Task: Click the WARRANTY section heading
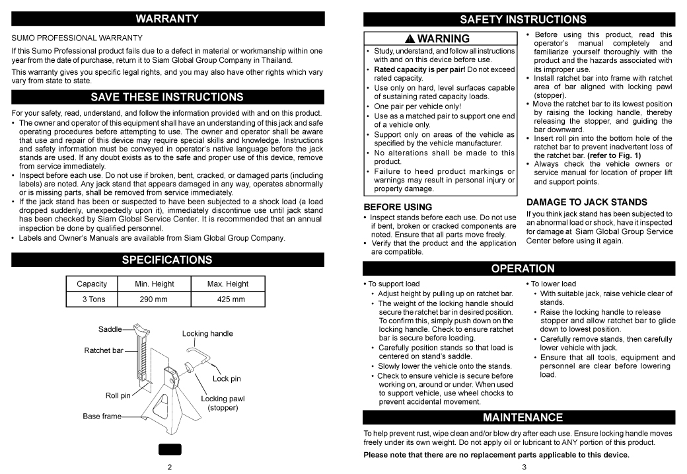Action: [x=167, y=19]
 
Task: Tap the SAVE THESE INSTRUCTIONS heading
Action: [x=167, y=97]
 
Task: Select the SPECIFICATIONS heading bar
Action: [x=167, y=260]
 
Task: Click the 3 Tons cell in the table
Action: [x=92, y=299]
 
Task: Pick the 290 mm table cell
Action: [x=154, y=299]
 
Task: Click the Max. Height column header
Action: [x=228, y=284]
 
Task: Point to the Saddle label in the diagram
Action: [x=110, y=329]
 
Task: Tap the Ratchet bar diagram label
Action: [x=103, y=350]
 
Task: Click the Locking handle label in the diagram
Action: [x=207, y=334]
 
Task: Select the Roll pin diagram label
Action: [x=118, y=396]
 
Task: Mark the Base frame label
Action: [x=102, y=416]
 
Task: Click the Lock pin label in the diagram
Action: [x=227, y=379]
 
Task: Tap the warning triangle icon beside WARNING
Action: [x=410, y=39]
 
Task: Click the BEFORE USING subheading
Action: [x=398, y=207]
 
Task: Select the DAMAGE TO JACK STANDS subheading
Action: [x=577, y=202]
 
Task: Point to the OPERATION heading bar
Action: [x=523, y=268]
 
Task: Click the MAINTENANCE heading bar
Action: [x=523, y=417]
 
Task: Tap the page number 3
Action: [x=523, y=467]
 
